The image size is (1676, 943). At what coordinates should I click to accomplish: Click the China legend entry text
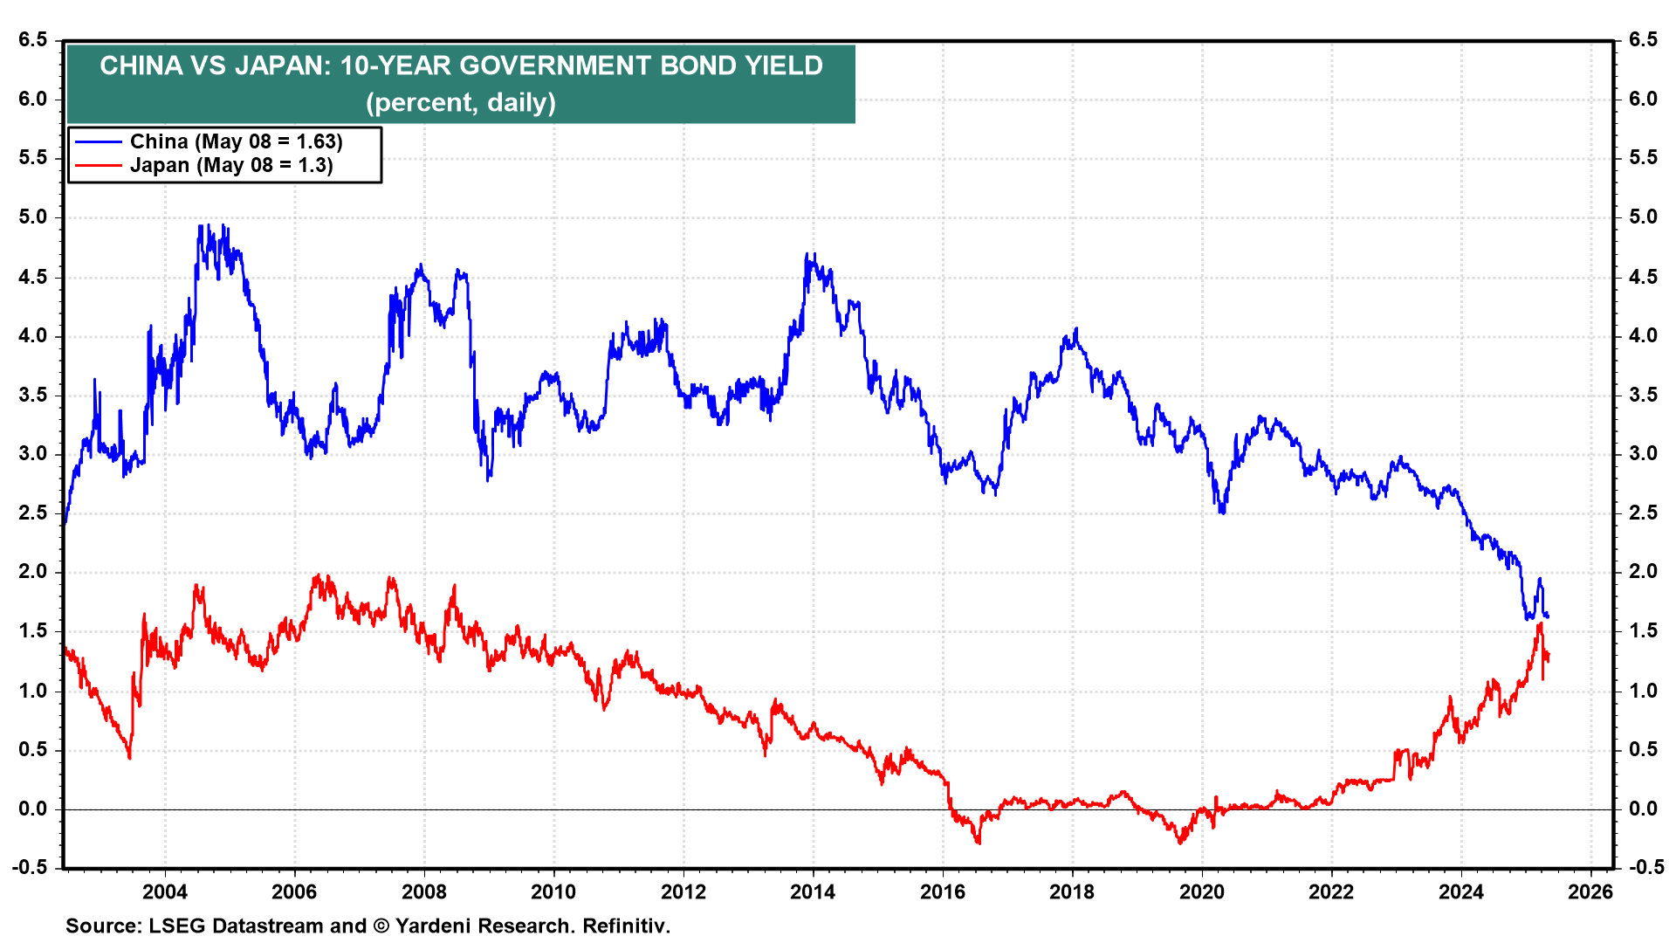tap(236, 141)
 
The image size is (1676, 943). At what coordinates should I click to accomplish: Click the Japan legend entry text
tap(231, 165)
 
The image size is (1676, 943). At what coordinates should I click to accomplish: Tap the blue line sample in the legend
tap(98, 141)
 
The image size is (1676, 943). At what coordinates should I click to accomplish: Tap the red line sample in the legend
tap(98, 165)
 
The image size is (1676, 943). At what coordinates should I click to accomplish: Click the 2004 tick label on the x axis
tap(165, 891)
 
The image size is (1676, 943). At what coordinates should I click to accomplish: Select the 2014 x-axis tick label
tap(813, 891)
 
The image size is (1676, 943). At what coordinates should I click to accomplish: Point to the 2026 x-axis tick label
tap(1590, 891)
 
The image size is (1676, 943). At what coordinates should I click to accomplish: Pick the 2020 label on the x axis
tap(1202, 891)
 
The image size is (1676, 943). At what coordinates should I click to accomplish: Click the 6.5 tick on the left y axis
tap(32, 39)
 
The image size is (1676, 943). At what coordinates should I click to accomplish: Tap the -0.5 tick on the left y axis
tap(30, 867)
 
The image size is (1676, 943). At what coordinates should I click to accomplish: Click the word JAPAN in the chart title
tap(278, 65)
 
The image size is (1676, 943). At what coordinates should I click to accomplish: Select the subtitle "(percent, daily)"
tap(461, 103)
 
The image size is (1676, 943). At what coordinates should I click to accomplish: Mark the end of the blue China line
tap(1548, 616)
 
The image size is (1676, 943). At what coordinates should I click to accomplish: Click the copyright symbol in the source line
tap(381, 926)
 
